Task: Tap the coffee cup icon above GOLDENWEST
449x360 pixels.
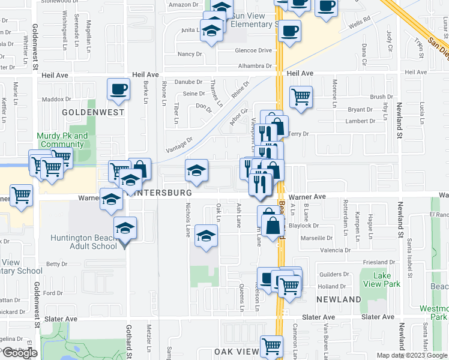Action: tap(118, 90)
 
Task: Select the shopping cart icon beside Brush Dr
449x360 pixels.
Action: tap(301, 96)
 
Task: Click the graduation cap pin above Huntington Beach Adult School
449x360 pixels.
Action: tap(125, 228)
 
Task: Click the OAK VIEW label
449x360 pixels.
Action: tap(228, 352)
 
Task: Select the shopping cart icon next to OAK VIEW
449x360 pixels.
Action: tap(271, 346)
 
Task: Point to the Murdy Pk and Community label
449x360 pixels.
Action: tap(62, 140)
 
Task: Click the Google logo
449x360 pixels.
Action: tap(20, 353)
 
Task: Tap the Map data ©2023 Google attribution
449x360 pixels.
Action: tap(412, 355)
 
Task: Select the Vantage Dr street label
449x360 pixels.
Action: tap(179, 144)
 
